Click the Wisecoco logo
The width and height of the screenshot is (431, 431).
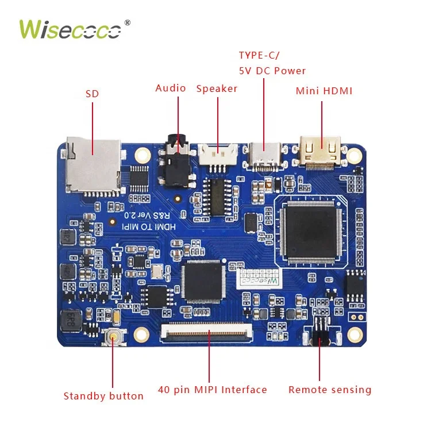point(70,29)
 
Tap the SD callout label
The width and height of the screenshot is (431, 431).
point(92,93)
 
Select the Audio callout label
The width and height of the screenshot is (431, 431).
point(171,88)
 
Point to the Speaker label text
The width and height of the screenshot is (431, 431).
point(217,88)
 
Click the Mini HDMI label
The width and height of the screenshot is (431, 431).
point(324,91)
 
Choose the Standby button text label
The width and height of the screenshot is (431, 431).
point(103,395)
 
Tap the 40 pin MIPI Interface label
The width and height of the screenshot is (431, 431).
point(213,390)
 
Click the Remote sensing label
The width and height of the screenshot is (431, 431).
point(330,390)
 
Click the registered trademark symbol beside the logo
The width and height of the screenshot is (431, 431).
point(128,22)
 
